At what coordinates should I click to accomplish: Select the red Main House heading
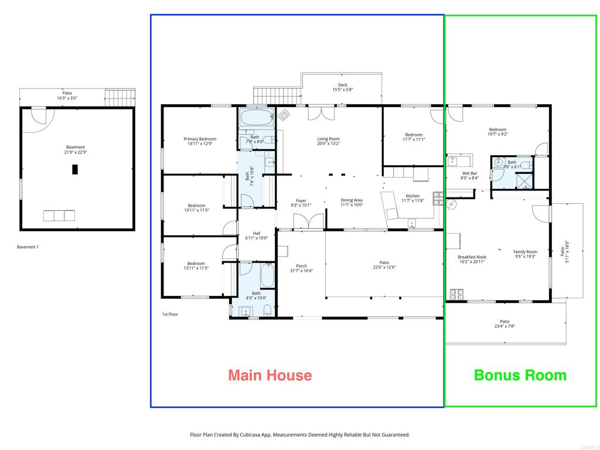(270, 375)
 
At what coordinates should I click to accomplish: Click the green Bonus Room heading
(520, 375)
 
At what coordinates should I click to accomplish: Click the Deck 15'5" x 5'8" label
(342, 87)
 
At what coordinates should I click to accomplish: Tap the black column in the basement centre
(75, 169)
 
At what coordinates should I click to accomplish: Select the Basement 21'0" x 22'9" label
(76, 149)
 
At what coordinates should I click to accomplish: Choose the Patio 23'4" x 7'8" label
(504, 323)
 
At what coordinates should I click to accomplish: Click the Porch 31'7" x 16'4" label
(301, 268)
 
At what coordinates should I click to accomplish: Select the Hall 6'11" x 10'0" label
(257, 236)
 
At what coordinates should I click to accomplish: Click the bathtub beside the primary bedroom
(257, 117)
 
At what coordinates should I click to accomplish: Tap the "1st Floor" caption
(170, 314)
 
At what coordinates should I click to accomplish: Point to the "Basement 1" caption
(28, 247)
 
